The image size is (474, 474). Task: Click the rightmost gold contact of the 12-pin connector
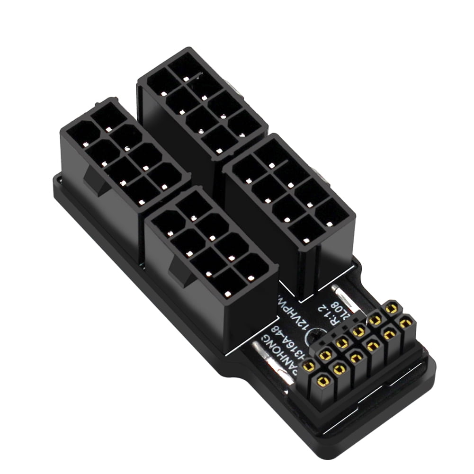coord(405,324)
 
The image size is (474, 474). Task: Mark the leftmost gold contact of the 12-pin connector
coord(309,365)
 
